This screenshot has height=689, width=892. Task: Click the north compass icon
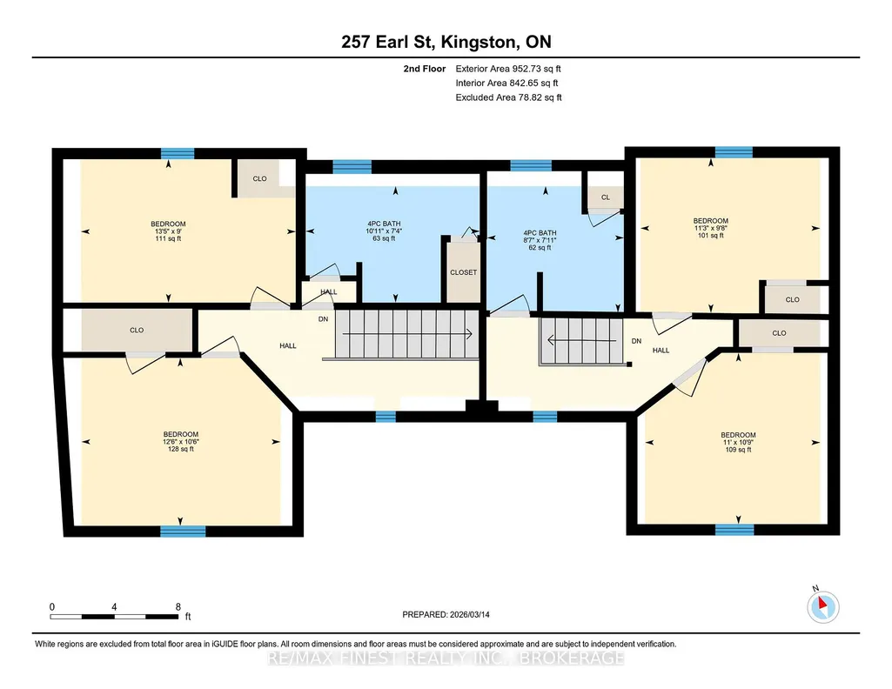pyautogui.click(x=822, y=606)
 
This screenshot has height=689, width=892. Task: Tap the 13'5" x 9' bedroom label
pyautogui.click(x=168, y=231)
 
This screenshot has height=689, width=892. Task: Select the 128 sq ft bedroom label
pyautogui.click(x=181, y=442)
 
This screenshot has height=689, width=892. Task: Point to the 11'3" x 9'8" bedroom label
pyautogui.click(x=710, y=228)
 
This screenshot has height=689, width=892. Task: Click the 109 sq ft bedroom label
pyautogui.click(x=739, y=442)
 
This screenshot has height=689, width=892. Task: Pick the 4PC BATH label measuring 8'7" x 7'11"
pyautogui.click(x=540, y=240)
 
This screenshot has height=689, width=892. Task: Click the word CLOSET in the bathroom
pyautogui.click(x=464, y=272)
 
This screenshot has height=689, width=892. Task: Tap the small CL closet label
pyautogui.click(x=606, y=197)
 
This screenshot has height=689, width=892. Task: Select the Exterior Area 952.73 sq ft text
pyautogui.click(x=508, y=69)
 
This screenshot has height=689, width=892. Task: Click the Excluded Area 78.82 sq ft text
pyautogui.click(x=508, y=97)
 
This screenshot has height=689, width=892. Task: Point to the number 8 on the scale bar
pyautogui.click(x=178, y=606)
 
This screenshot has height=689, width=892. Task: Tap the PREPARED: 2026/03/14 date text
pyautogui.click(x=446, y=614)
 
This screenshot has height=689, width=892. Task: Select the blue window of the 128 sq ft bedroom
pyautogui.click(x=183, y=532)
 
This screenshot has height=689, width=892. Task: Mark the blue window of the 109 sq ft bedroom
pyautogui.click(x=734, y=530)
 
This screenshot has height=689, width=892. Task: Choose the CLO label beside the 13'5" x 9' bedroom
pyautogui.click(x=259, y=178)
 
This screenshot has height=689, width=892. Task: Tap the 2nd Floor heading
pyautogui.click(x=425, y=69)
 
